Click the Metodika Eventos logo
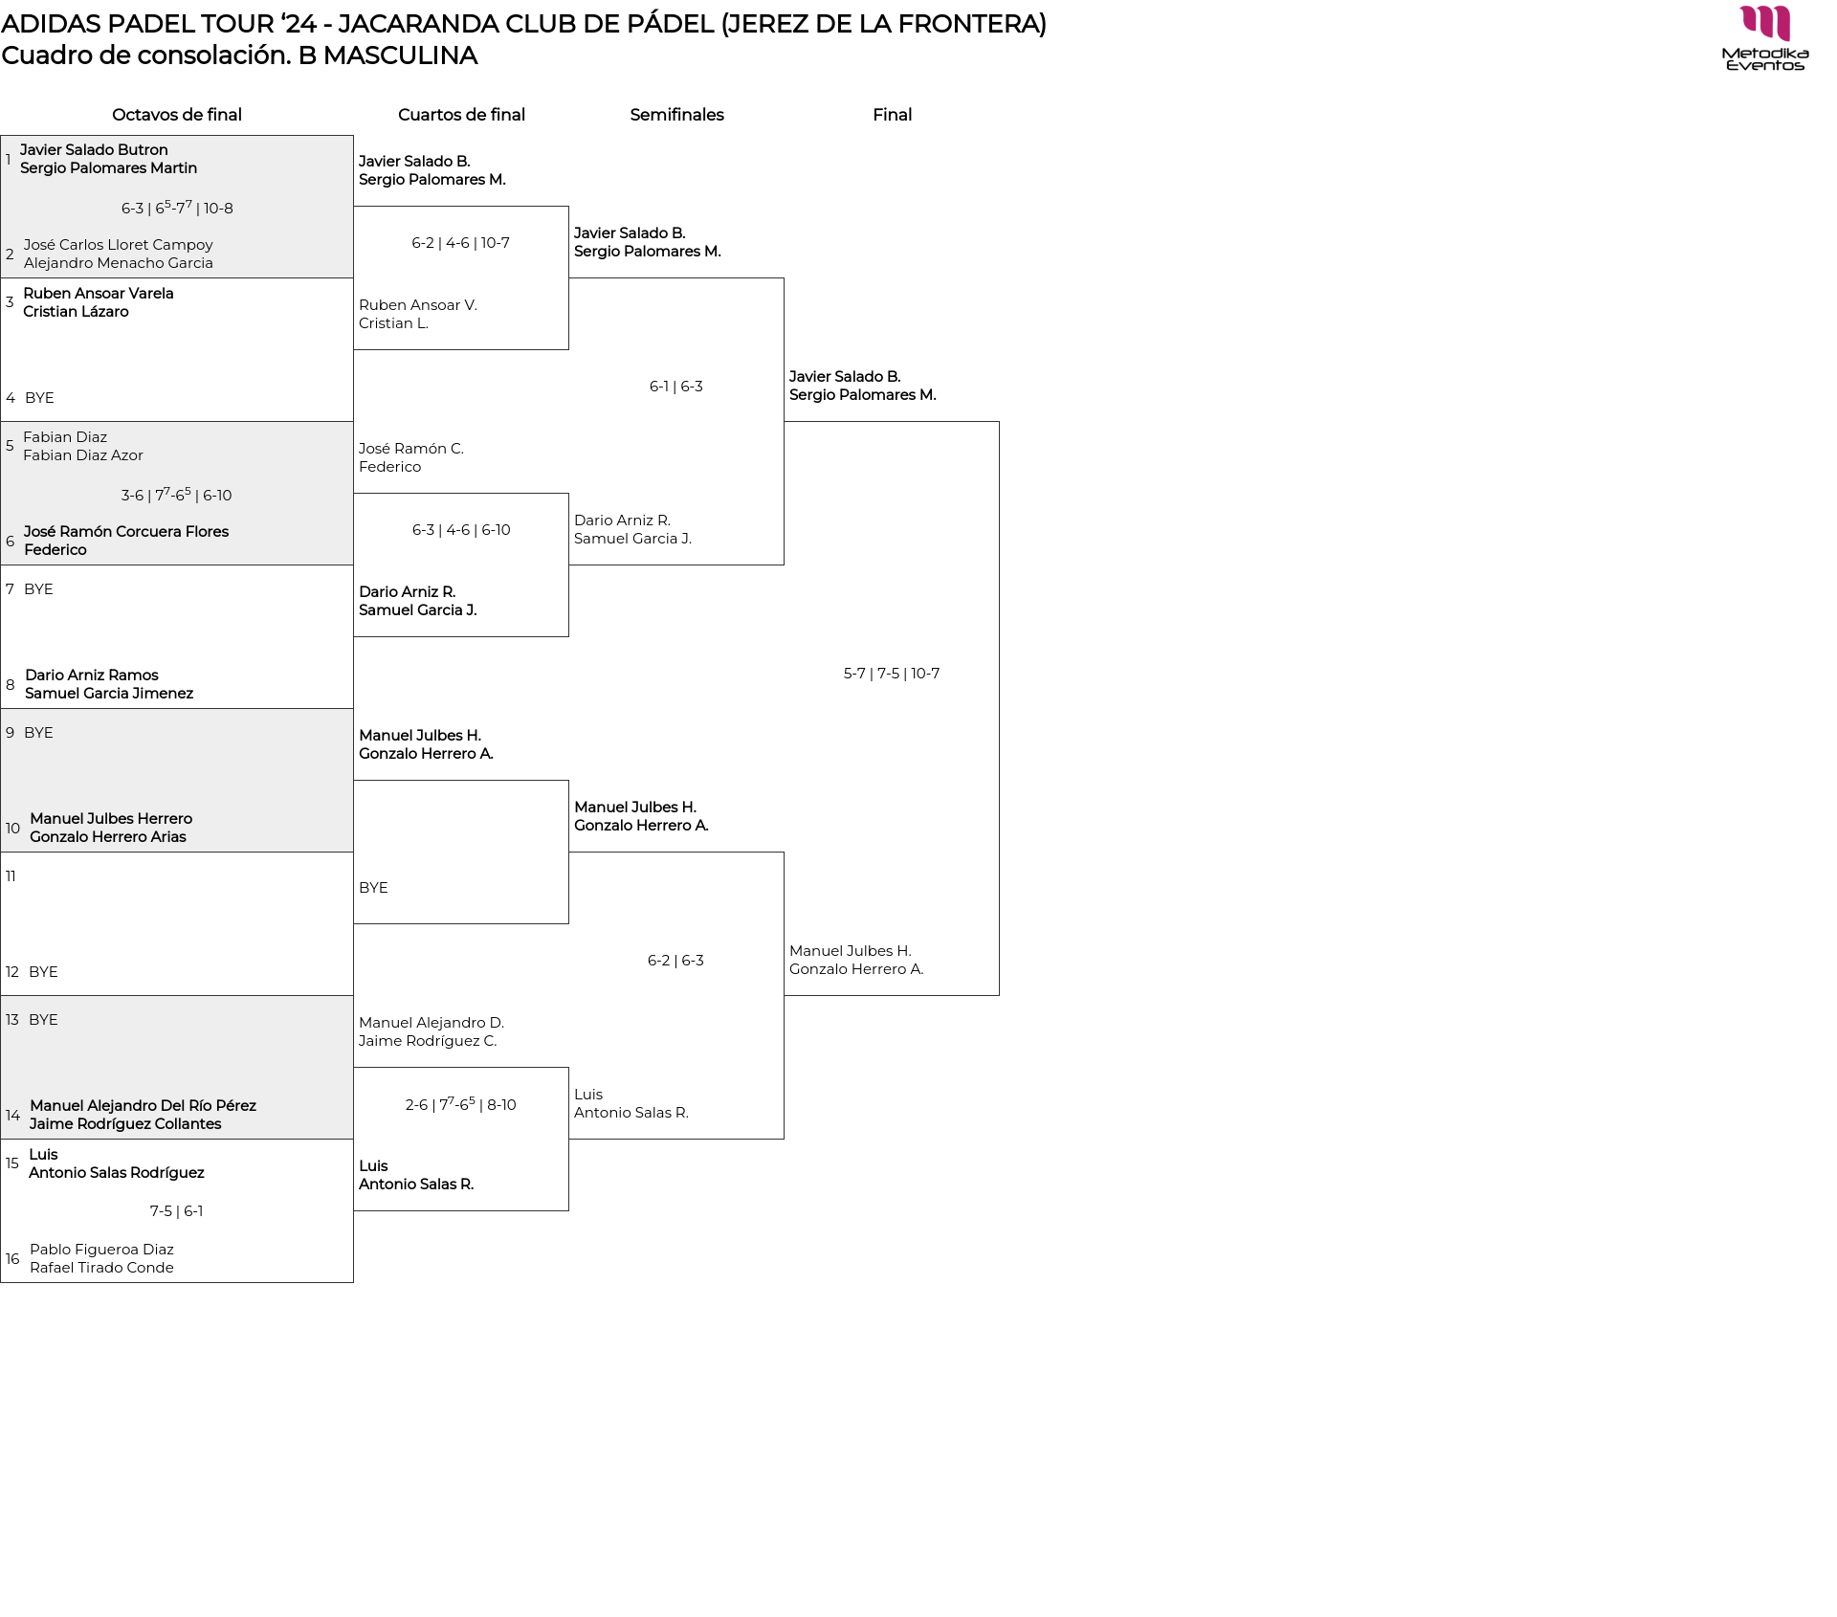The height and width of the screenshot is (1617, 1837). [1765, 38]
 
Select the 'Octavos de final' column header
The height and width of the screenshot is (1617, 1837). [177, 115]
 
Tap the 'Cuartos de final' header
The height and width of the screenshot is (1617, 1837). [461, 115]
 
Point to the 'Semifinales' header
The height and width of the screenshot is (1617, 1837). [676, 115]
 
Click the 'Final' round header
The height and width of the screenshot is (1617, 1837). [892, 115]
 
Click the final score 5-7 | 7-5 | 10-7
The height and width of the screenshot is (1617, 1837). [892, 674]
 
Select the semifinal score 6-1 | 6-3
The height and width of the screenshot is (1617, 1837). [676, 387]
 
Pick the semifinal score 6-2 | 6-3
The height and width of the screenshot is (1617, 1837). [675, 961]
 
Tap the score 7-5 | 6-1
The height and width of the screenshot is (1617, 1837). [176, 1211]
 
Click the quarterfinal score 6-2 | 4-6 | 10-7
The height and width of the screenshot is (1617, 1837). [460, 243]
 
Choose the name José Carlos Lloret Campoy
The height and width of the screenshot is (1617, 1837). [119, 245]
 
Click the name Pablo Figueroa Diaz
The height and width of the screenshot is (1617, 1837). [101, 1250]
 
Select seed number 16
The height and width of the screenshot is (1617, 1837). [12, 1259]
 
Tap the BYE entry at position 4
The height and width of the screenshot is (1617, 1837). [39, 398]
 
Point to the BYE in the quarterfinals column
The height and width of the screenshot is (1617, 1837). [373, 888]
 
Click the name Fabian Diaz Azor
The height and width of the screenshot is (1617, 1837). [83, 455]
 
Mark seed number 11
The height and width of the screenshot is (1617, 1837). [11, 876]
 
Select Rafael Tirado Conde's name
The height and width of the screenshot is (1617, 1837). [101, 1268]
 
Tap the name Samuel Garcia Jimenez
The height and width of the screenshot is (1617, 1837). [109, 694]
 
